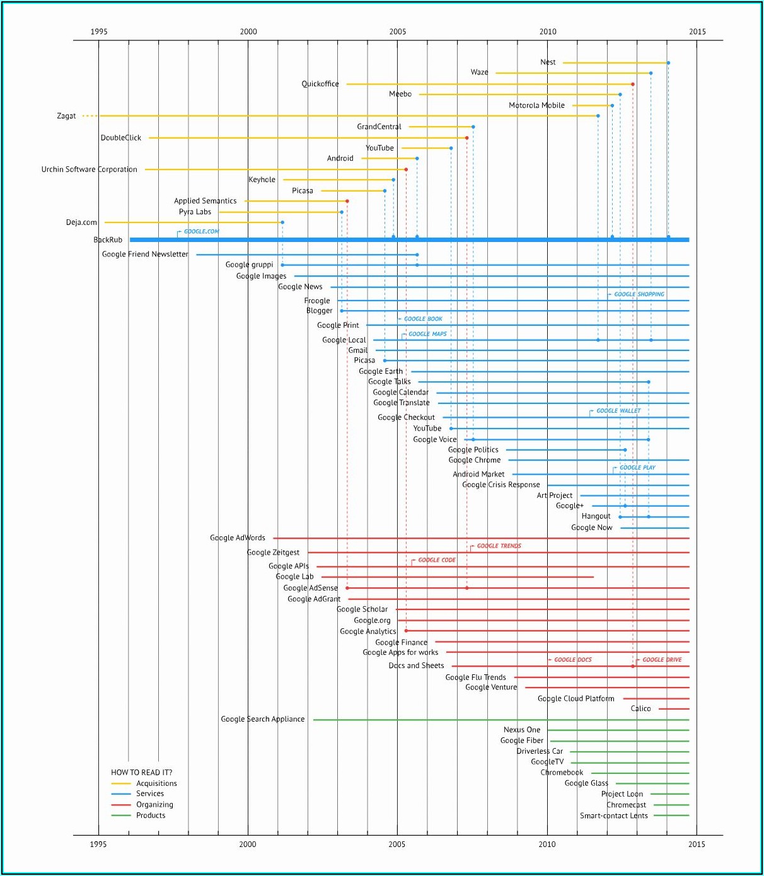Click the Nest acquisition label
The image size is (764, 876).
[548, 62]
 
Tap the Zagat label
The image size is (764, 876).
[66, 116]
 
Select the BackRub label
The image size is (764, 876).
[108, 240]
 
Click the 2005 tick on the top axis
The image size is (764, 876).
[398, 32]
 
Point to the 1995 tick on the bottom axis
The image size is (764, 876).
[98, 844]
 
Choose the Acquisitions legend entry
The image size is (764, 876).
[156, 783]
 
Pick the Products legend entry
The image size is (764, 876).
[151, 815]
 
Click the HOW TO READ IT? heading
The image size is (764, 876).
[141, 773]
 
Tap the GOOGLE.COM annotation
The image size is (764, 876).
[201, 232]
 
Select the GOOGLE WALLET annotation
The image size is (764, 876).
[618, 411]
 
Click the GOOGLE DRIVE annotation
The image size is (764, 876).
[662, 660]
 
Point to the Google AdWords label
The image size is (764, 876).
[238, 538]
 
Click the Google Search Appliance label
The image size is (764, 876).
[262, 719]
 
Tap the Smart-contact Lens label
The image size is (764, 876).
[613, 815]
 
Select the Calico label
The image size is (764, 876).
[640, 709]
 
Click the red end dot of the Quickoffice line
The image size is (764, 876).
[633, 84]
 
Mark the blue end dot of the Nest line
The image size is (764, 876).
[668, 63]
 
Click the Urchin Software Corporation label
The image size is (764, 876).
[89, 170]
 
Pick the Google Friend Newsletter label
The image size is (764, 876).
[145, 255]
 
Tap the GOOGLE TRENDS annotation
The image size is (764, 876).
[499, 546]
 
